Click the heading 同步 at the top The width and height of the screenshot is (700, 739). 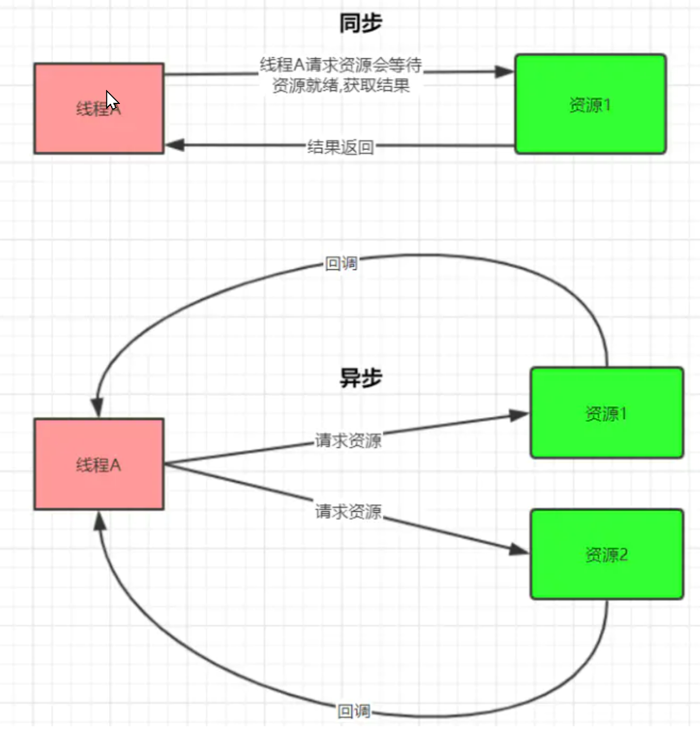pyautogui.click(x=361, y=23)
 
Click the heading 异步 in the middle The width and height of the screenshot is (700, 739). pyautogui.click(x=361, y=378)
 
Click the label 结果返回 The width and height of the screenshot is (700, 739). pyautogui.click(x=340, y=147)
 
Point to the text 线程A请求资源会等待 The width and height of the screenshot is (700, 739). pyautogui.click(x=341, y=65)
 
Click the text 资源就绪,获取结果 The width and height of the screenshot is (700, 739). pyautogui.click(x=341, y=85)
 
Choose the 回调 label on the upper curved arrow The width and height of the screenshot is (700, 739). pyautogui.click(x=341, y=263)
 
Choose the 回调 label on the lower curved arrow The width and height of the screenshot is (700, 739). pyautogui.click(x=354, y=711)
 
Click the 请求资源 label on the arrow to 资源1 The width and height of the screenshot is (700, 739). pyautogui.click(x=348, y=440)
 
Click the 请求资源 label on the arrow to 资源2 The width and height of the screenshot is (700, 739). pyautogui.click(x=348, y=511)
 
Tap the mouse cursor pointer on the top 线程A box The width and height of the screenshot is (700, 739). pyautogui.click(x=111, y=100)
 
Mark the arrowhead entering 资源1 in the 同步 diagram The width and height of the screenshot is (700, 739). pyautogui.click(x=504, y=71)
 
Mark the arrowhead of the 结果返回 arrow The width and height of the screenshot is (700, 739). pyautogui.click(x=175, y=144)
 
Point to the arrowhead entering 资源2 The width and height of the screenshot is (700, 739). pyautogui.click(x=518, y=549)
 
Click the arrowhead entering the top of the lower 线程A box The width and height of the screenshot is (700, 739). pyautogui.click(x=97, y=408)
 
